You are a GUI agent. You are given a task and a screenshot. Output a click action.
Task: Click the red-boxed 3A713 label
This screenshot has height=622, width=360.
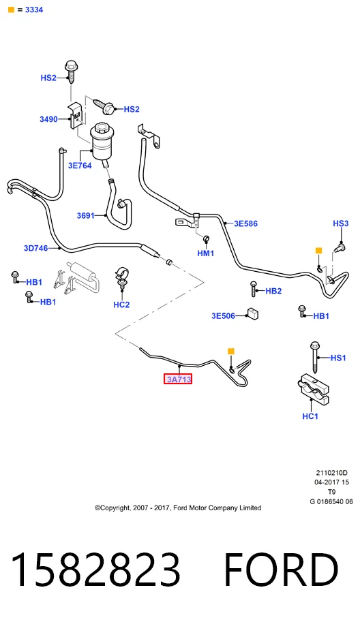tap(178, 379)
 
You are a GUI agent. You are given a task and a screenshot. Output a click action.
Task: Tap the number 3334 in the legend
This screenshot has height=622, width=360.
tap(34, 10)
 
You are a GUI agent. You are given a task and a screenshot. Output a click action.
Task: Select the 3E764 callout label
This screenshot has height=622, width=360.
tap(80, 166)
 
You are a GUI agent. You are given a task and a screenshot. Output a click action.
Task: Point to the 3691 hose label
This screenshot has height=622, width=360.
tap(86, 215)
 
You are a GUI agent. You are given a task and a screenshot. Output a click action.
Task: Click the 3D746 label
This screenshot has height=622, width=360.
tap(35, 249)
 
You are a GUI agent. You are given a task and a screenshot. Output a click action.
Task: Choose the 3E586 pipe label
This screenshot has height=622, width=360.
tap(245, 223)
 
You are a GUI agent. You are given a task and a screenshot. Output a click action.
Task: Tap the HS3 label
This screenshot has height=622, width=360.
tap(340, 223)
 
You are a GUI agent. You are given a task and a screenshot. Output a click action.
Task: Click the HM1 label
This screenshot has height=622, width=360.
tap(206, 253)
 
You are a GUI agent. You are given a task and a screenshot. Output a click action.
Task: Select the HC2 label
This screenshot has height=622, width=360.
tap(121, 305)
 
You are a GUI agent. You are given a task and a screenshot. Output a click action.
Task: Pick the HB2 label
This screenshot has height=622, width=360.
tap(273, 291)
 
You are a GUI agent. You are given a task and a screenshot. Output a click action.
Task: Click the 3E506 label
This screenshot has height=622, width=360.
tap(223, 315)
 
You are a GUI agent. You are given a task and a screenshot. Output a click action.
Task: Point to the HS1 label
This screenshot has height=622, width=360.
tap(338, 358)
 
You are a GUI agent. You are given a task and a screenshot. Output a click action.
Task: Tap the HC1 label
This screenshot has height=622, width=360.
tap(310, 416)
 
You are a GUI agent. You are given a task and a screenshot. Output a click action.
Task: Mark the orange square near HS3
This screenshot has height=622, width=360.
tap(318, 251)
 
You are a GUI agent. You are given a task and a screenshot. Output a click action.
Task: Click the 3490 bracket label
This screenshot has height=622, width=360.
tap(48, 119)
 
